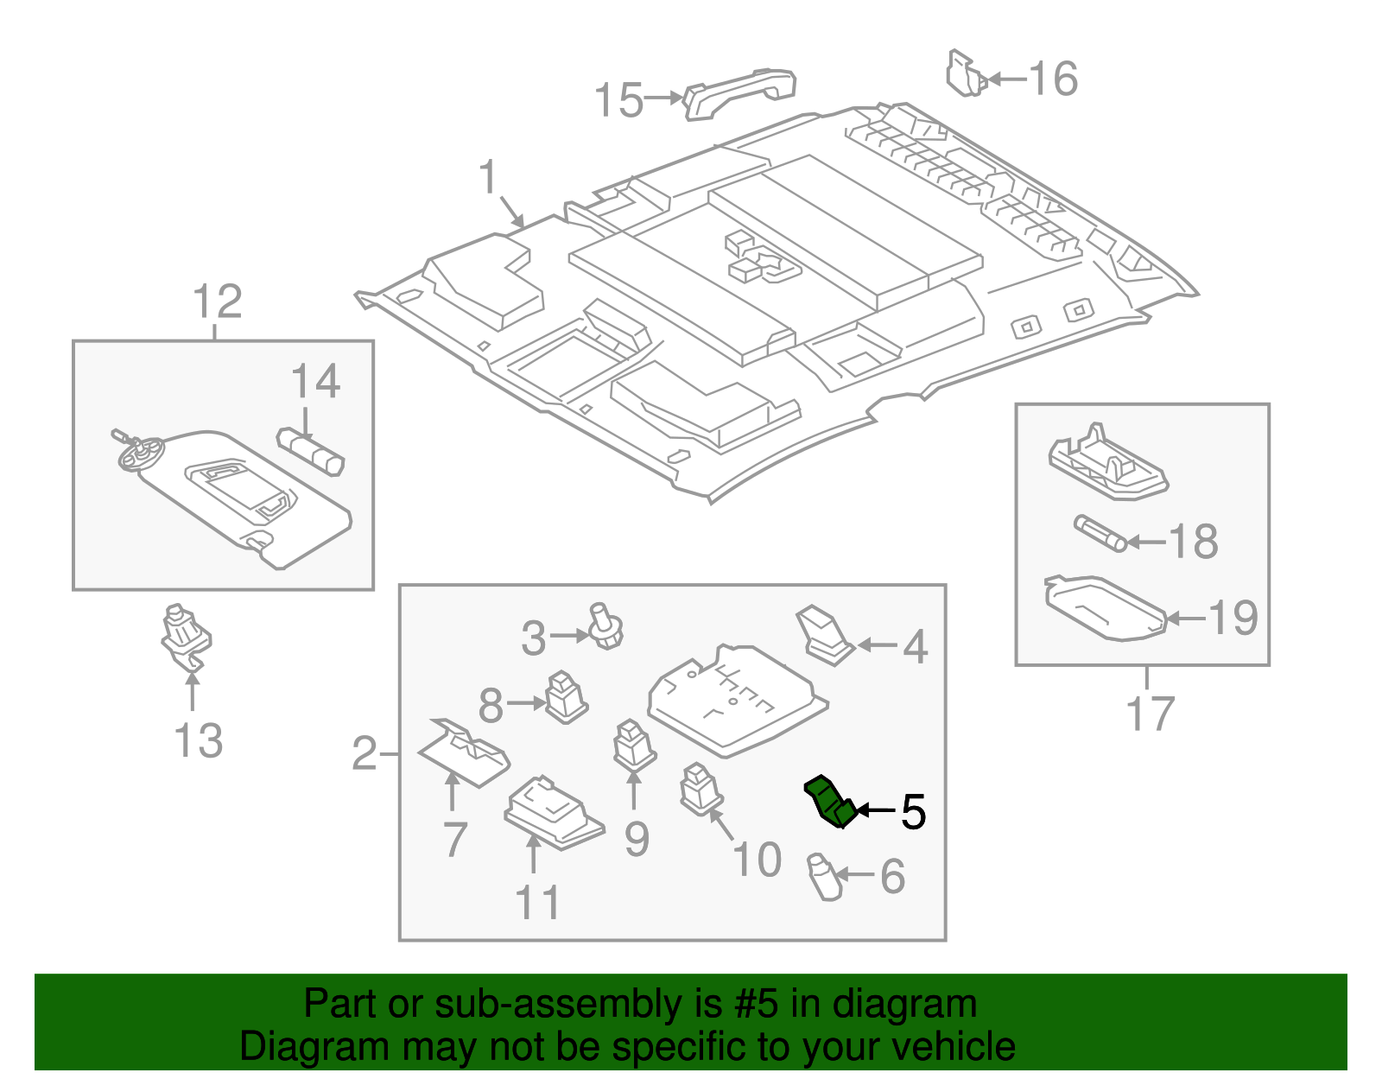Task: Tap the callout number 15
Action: click(618, 100)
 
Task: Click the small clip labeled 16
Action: click(965, 74)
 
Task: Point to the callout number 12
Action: click(217, 302)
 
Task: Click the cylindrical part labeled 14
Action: click(311, 452)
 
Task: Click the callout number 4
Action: click(915, 647)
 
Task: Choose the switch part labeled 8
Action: click(566, 696)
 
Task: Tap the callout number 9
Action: click(637, 839)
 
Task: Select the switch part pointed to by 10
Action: click(701, 789)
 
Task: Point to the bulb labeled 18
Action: click(1100, 533)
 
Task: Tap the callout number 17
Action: click(1150, 714)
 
